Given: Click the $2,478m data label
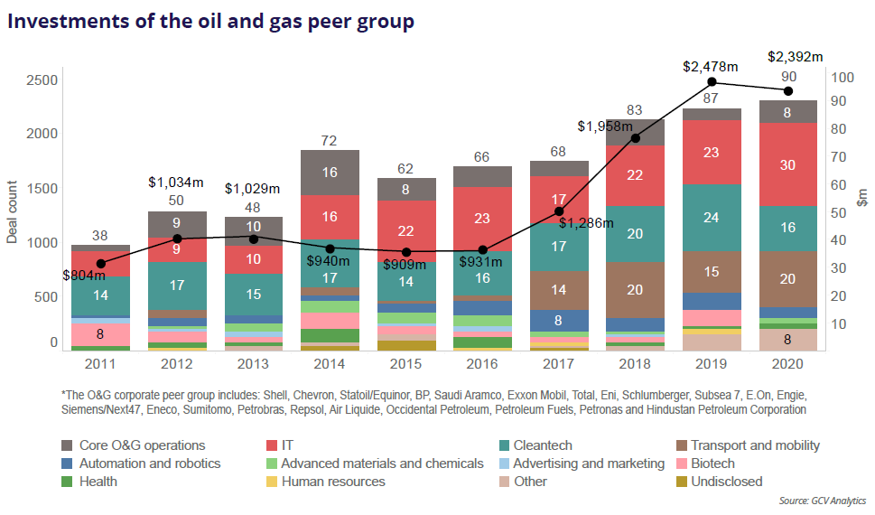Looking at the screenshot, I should pyautogui.click(x=711, y=66).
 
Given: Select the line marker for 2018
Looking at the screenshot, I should pyautogui.click(x=635, y=138).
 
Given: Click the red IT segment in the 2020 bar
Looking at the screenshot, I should pyautogui.click(x=787, y=164).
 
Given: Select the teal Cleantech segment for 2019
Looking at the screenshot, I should pyautogui.click(x=711, y=217).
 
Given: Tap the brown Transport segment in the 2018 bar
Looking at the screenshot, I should pyautogui.click(x=635, y=289).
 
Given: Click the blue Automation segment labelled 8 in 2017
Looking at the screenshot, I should pyautogui.click(x=559, y=320).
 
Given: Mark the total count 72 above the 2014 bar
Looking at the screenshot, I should pyautogui.click(x=330, y=140).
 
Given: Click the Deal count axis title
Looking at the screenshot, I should pyautogui.click(x=13, y=213).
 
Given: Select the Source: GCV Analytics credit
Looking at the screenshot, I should pyautogui.click(x=822, y=501).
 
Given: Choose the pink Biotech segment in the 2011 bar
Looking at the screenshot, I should pyautogui.click(x=100, y=334).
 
